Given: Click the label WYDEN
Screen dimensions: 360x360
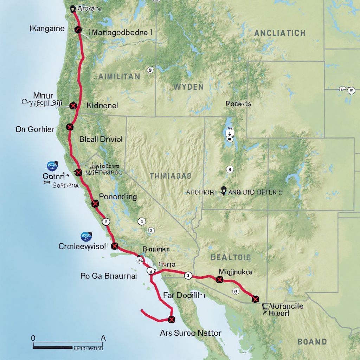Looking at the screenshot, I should tap(188, 86).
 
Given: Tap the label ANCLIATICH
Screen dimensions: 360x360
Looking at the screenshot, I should tap(279, 33).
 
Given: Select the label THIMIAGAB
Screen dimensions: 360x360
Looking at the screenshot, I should tap(171, 176).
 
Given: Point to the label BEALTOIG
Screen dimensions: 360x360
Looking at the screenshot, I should tap(231, 257).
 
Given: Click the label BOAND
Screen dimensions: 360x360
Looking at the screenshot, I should tap(312, 341).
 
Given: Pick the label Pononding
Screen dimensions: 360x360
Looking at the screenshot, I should tap(118, 197).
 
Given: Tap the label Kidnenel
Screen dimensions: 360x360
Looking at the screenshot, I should tap(102, 105).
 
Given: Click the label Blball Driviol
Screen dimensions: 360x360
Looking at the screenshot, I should tap(101, 139).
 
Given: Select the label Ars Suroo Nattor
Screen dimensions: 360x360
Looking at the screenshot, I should tap(191, 333).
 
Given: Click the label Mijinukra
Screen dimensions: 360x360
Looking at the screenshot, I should tap(236, 272).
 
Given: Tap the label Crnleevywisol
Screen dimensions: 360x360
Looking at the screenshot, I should tap(82, 246).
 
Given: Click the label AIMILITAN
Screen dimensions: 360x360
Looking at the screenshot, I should tap(117, 76).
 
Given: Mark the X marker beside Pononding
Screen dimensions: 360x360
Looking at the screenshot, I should tap(95, 204).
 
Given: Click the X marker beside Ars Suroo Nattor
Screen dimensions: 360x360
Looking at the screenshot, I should tap(172, 320).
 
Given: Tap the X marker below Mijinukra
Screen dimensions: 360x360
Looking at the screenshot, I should tap(220, 280).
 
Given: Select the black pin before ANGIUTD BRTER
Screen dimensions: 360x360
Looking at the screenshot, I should tap(224, 191).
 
